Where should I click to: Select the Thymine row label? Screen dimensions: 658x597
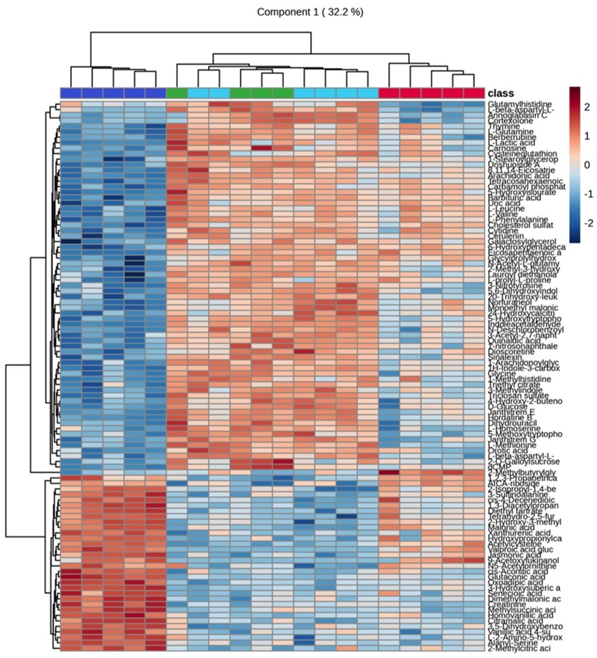coord(502,126)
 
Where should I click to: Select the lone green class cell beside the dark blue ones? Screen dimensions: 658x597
coord(177,93)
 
